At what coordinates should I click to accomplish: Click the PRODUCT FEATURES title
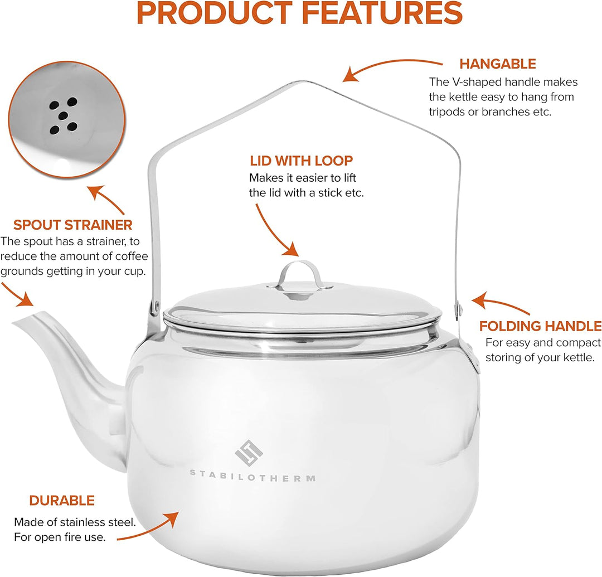[300, 13]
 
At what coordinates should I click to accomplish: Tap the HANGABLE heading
[498, 64]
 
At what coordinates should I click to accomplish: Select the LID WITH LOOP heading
[302, 161]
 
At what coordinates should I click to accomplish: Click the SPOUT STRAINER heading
[73, 225]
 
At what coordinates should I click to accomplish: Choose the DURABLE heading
[62, 501]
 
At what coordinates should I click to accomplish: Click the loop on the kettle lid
[299, 274]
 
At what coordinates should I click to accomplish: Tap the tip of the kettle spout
[13, 323]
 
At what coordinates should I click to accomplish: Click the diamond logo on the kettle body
[249, 453]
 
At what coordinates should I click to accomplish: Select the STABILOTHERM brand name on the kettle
[253, 477]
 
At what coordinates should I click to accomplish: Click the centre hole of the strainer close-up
[63, 115]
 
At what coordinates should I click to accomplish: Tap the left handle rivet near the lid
[156, 306]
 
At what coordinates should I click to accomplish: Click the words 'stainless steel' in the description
[98, 522]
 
